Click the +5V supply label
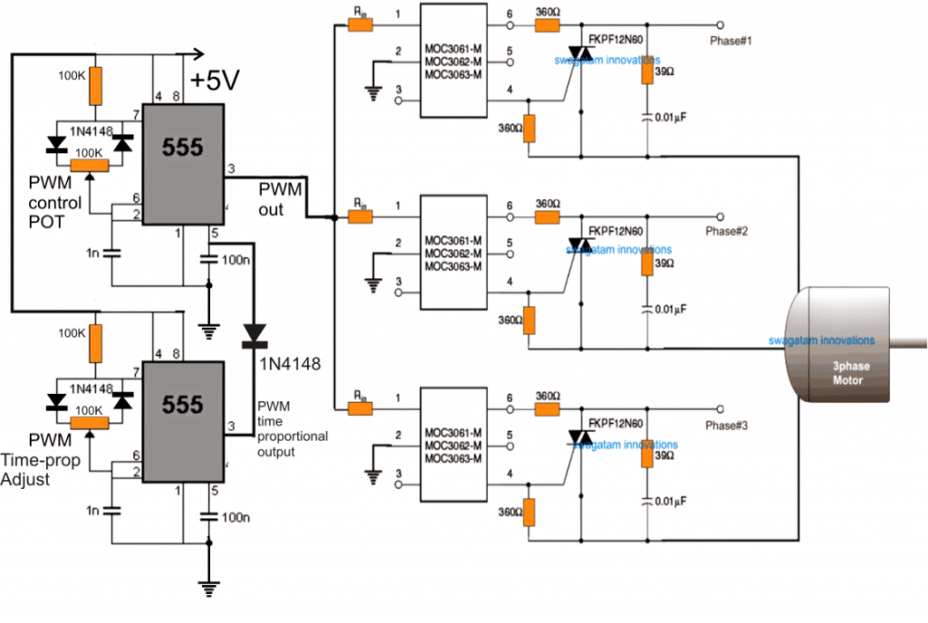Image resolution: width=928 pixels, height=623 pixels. (x=215, y=81)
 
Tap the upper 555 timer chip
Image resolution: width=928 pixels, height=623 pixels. (x=183, y=160)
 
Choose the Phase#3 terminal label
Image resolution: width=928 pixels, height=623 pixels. (x=729, y=425)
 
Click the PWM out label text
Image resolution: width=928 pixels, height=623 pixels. (x=276, y=200)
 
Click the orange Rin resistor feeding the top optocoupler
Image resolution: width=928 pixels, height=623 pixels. (x=361, y=25)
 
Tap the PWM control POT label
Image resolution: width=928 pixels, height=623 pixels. (x=54, y=202)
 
